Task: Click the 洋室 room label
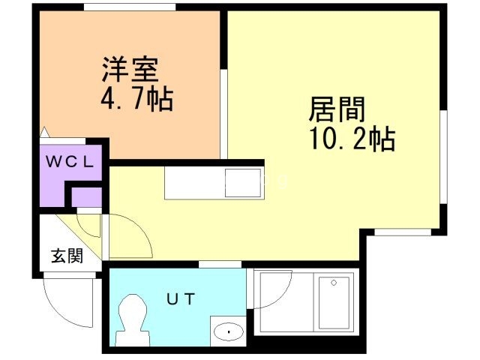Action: pos(130,70)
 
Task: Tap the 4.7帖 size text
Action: pos(136,97)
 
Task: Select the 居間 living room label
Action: pos(337,111)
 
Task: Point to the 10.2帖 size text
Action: pos(352,139)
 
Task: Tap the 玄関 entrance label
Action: pos(67,255)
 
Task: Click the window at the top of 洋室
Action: pos(130,7)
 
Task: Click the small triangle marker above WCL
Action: pos(46,133)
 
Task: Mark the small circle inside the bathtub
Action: pos(334,282)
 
